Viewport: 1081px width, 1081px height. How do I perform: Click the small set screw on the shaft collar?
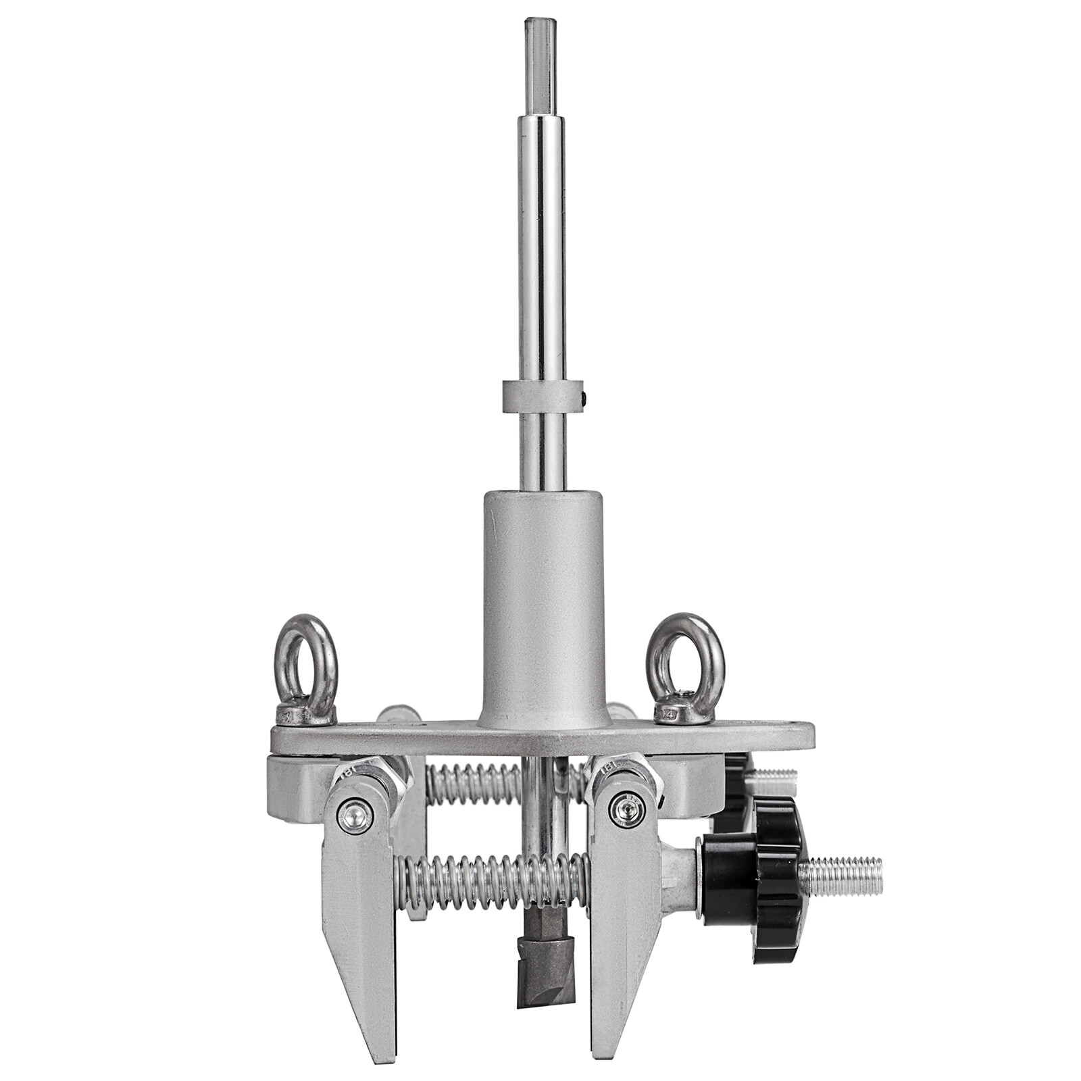587,397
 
